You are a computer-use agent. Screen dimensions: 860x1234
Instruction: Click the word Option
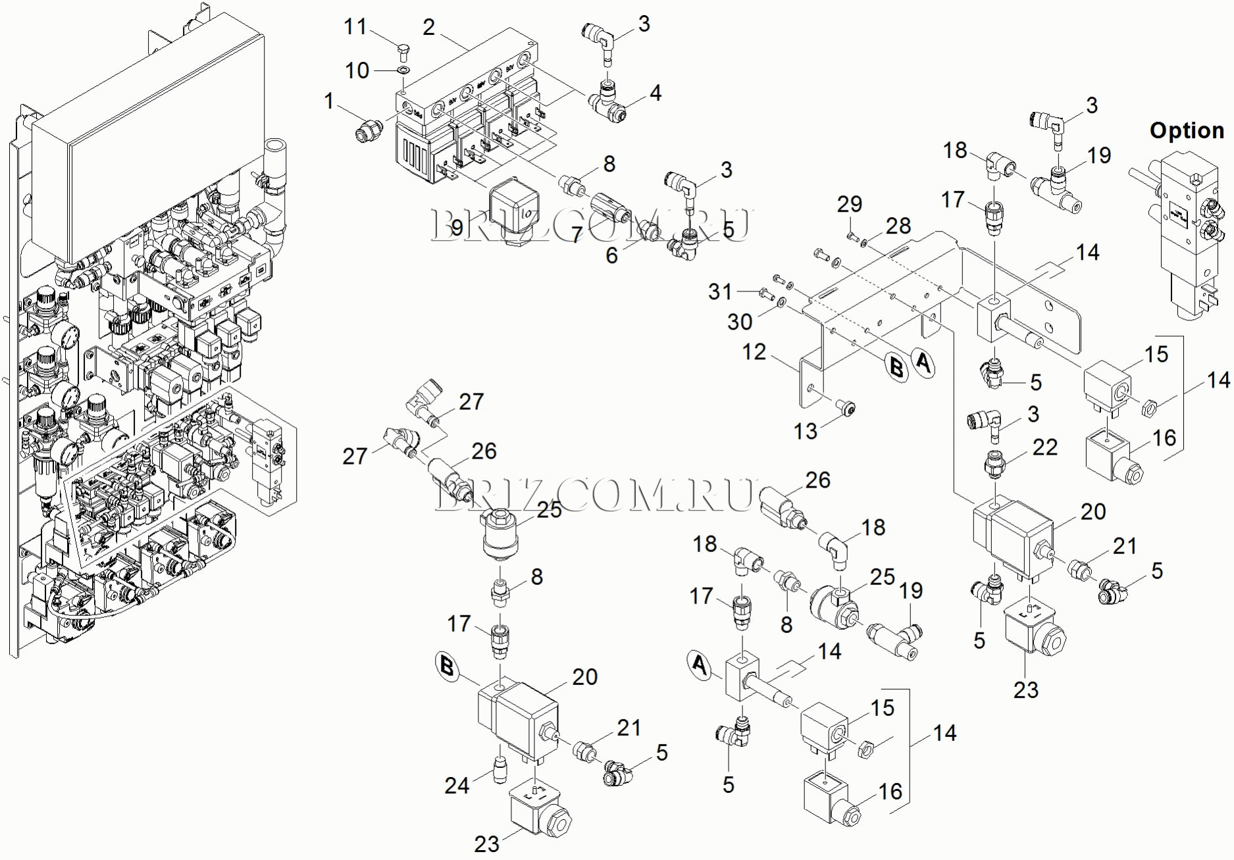(x=1187, y=130)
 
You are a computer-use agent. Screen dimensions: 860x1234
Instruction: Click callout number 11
(x=355, y=27)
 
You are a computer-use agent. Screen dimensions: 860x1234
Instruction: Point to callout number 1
(x=329, y=101)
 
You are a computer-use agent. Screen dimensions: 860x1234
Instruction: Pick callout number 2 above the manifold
(x=428, y=28)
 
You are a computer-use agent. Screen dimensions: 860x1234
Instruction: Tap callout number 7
(x=577, y=234)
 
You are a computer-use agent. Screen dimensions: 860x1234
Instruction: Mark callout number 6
(x=611, y=255)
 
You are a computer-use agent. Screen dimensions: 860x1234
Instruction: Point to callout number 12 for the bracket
(x=754, y=352)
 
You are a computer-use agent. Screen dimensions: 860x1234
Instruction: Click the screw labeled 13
(x=846, y=410)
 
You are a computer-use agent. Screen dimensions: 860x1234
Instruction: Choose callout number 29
(x=849, y=204)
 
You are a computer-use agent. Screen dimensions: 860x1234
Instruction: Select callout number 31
(x=719, y=291)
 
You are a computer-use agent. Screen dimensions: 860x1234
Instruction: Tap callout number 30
(x=740, y=322)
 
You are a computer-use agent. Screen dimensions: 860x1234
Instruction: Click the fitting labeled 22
(x=994, y=465)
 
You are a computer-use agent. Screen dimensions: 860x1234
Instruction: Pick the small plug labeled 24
(x=500, y=767)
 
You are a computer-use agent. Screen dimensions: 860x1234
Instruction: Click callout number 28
(x=898, y=226)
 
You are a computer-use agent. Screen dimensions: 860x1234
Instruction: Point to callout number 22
(x=1044, y=447)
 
